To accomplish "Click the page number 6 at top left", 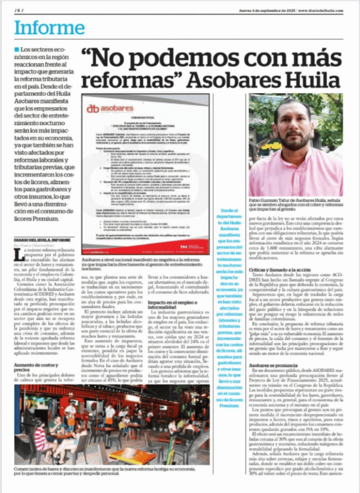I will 20,10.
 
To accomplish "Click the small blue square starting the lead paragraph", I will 17,50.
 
